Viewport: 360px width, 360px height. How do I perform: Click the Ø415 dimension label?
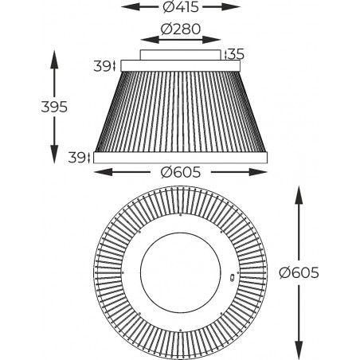tap(181, 7)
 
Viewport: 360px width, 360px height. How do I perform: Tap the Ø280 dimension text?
tap(181, 29)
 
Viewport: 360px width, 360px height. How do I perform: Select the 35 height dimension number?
tap(236, 54)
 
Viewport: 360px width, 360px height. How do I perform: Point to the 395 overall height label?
tap(54, 107)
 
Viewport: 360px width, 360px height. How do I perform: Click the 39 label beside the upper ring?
tap(102, 66)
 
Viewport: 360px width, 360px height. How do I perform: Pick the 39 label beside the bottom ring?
tap(76, 158)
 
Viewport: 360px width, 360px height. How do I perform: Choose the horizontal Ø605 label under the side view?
tap(181, 173)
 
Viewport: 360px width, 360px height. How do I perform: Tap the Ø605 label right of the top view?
tap(299, 272)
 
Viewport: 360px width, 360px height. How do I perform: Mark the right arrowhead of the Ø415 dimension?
tap(231, 7)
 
